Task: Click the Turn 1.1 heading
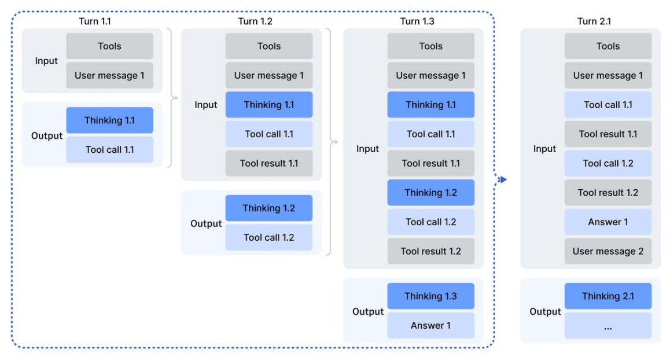(x=94, y=21)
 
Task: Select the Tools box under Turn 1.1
(x=109, y=46)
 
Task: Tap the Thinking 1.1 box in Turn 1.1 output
(x=109, y=120)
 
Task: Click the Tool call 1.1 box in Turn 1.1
(x=109, y=149)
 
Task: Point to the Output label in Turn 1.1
(x=46, y=136)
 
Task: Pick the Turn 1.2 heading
(x=255, y=21)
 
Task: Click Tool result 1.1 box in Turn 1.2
(x=269, y=163)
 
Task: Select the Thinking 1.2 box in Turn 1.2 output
(x=269, y=208)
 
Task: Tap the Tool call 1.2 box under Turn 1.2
(x=269, y=237)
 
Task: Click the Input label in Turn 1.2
(x=205, y=105)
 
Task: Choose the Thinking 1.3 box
(x=430, y=296)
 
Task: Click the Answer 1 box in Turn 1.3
(x=430, y=325)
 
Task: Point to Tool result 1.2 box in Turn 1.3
(x=430, y=251)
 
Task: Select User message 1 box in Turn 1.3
(x=430, y=75)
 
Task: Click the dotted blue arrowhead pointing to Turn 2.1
(x=502, y=179)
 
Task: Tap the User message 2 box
(x=608, y=251)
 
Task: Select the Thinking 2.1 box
(x=608, y=296)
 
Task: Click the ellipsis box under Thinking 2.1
(x=608, y=326)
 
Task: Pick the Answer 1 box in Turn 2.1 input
(x=608, y=222)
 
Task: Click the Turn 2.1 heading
(x=594, y=21)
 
